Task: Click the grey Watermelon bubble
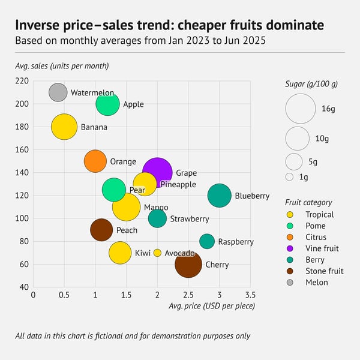[x=58, y=92]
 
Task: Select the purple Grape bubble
[x=157, y=173]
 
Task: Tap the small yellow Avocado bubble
[x=157, y=253]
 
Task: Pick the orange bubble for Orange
[x=95, y=161]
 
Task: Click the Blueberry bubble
[x=220, y=196]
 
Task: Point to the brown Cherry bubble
[x=188, y=264]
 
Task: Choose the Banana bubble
[x=64, y=127]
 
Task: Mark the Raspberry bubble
[x=207, y=241]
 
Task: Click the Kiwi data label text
[x=142, y=253]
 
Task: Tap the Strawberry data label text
[x=190, y=219]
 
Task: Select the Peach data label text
[x=127, y=230]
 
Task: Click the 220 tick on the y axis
[x=22, y=81]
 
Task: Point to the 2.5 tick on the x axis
[x=188, y=295]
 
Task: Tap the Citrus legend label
[x=316, y=237]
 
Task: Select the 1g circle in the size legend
[x=289, y=177]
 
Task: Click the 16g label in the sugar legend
[x=328, y=109]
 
